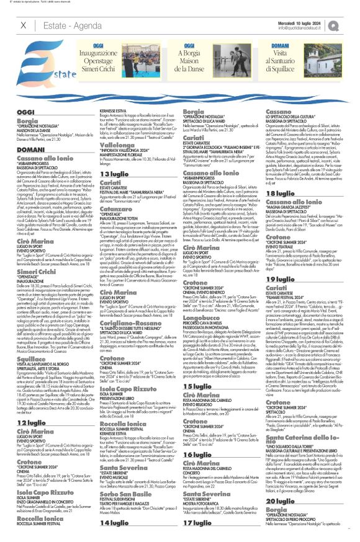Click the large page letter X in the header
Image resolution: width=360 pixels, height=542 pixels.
point(24,25)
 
